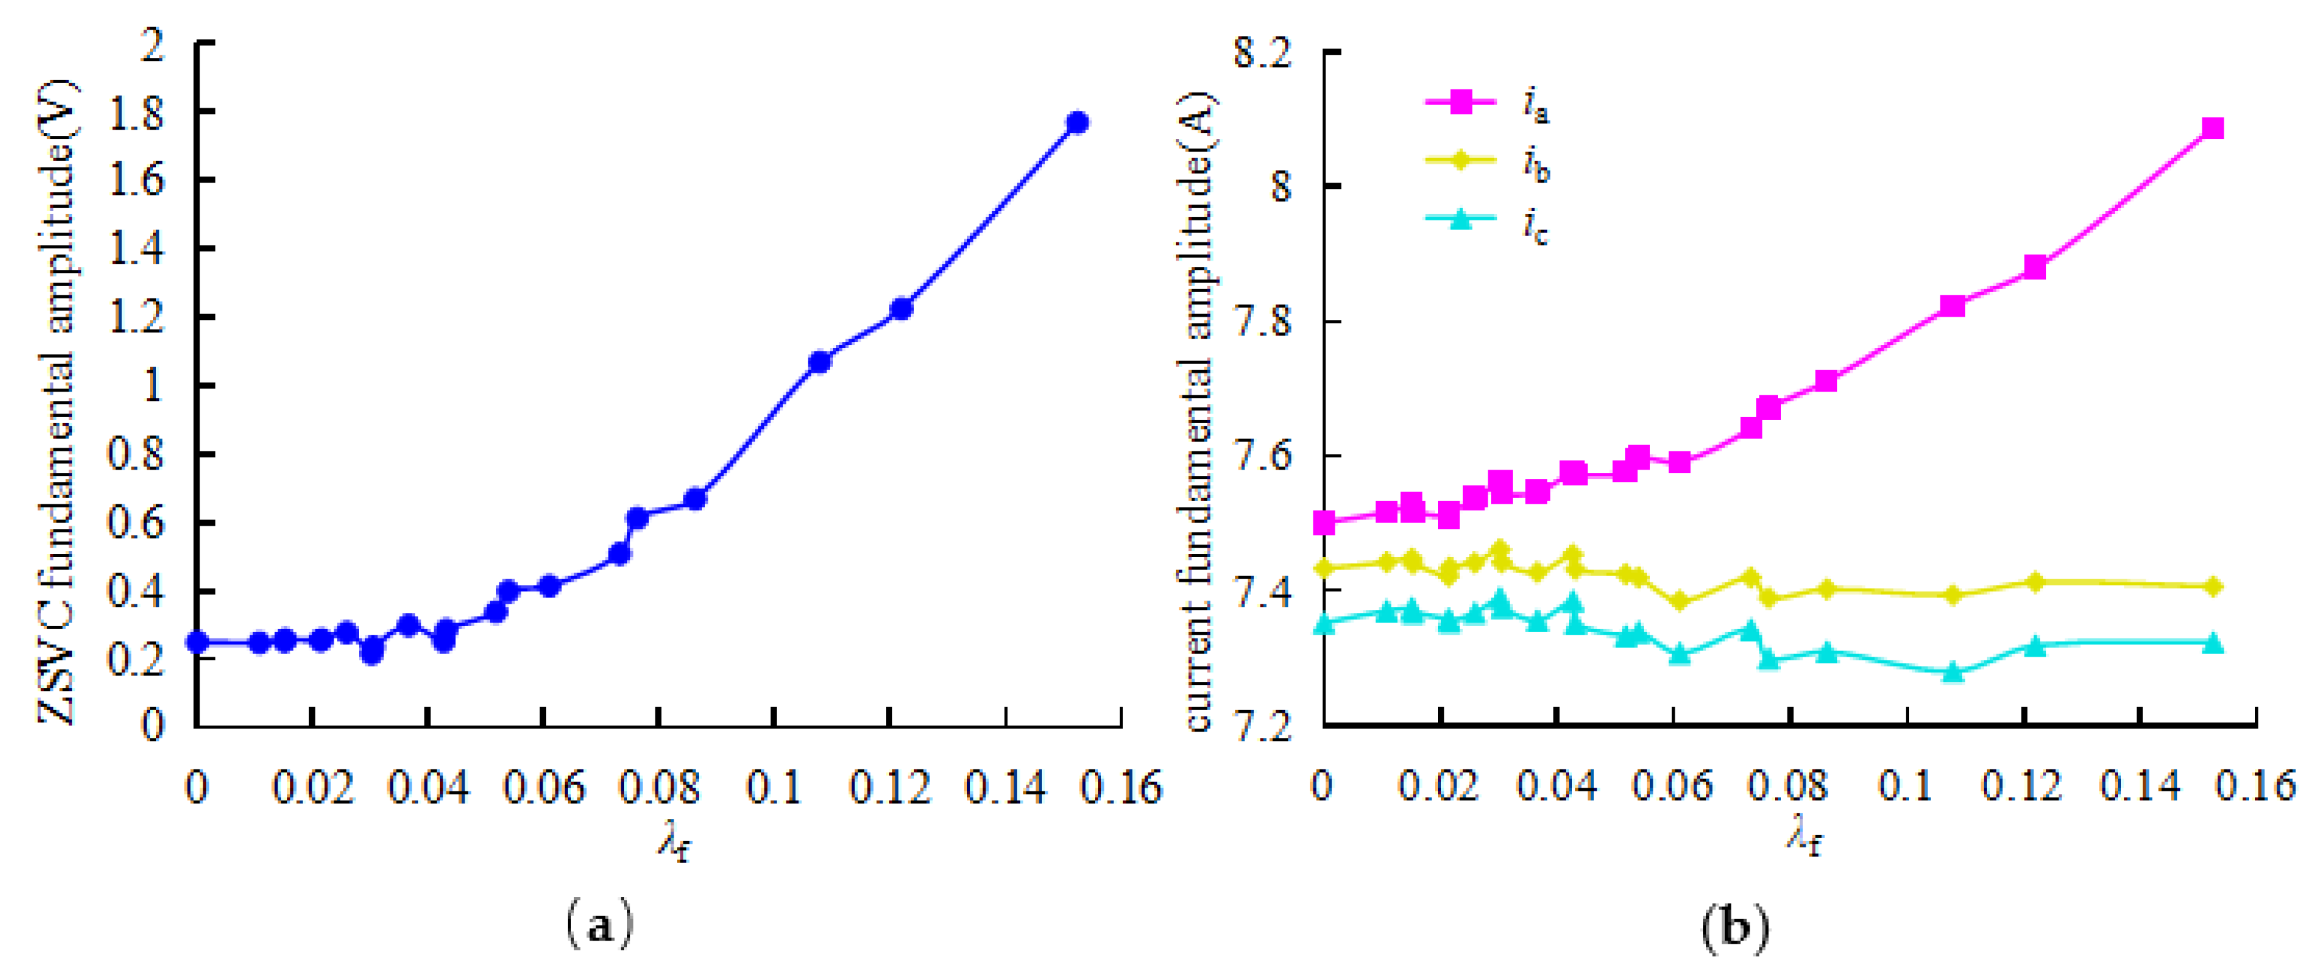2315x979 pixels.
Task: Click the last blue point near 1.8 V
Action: point(1077,122)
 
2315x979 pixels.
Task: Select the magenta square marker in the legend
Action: point(1461,101)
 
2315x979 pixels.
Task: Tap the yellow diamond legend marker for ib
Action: point(1461,160)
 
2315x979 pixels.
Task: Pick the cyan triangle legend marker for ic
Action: point(1461,218)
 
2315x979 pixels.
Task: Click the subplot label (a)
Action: point(599,925)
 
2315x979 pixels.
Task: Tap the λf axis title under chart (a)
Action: point(674,842)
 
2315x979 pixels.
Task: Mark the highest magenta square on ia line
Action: point(2212,128)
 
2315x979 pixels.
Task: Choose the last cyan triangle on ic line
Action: point(2212,643)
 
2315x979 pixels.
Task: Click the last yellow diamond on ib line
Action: point(2212,586)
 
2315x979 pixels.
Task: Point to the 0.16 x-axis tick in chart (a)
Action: point(1121,788)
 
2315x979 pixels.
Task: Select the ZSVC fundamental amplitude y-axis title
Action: point(55,400)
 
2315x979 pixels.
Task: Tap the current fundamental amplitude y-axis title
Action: point(1199,412)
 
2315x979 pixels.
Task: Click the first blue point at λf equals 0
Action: point(198,642)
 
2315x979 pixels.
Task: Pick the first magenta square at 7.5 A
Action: point(1324,521)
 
